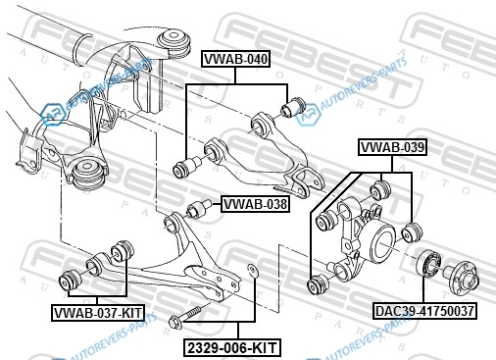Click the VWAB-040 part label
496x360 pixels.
235,59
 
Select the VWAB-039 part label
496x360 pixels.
393,147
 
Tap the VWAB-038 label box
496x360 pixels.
255,204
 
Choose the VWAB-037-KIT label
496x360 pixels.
98,313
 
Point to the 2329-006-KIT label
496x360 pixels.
232,347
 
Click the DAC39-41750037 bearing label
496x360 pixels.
424,311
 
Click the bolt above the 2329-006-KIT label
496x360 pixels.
184,316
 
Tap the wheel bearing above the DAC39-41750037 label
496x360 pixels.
428,263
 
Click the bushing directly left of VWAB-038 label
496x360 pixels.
199,209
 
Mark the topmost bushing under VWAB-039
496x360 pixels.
380,190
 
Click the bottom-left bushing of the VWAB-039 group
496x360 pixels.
319,284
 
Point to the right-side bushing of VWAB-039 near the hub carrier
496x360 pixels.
412,232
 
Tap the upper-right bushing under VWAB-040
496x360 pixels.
293,106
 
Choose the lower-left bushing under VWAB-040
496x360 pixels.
188,167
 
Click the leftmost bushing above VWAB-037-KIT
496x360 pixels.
71,281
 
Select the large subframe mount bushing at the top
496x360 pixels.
174,43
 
